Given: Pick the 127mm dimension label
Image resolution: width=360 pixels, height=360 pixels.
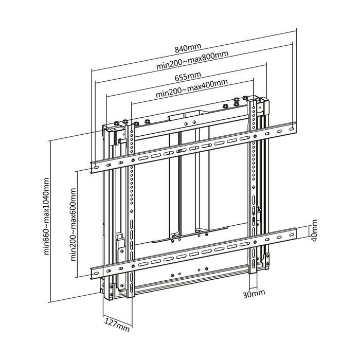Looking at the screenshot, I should [x=117, y=325].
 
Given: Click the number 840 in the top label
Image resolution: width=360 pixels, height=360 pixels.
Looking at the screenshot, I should [x=183, y=48].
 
